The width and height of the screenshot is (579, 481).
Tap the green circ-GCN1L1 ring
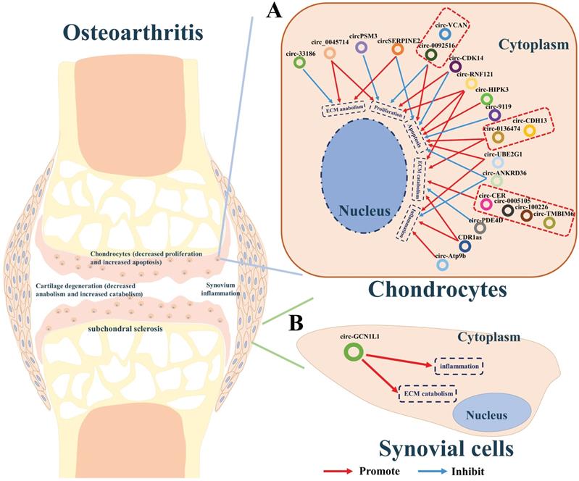[x=353, y=352]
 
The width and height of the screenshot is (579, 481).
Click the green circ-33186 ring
[x=298, y=62]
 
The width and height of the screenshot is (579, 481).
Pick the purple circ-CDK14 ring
[x=456, y=67]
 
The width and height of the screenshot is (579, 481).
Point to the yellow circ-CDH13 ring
[x=529, y=130]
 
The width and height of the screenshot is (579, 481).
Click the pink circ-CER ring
[x=487, y=205]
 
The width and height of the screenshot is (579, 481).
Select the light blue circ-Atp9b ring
[x=442, y=266]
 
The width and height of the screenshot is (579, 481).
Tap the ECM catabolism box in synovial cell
[x=429, y=393]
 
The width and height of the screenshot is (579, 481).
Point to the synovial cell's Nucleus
[x=489, y=415]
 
